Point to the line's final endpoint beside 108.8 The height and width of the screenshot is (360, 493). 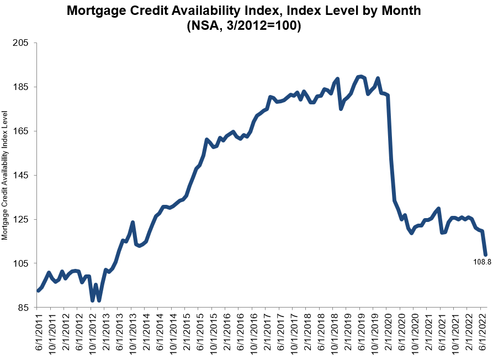(x=485, y=255)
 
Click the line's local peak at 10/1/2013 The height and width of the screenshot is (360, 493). (x=132, y=223)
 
